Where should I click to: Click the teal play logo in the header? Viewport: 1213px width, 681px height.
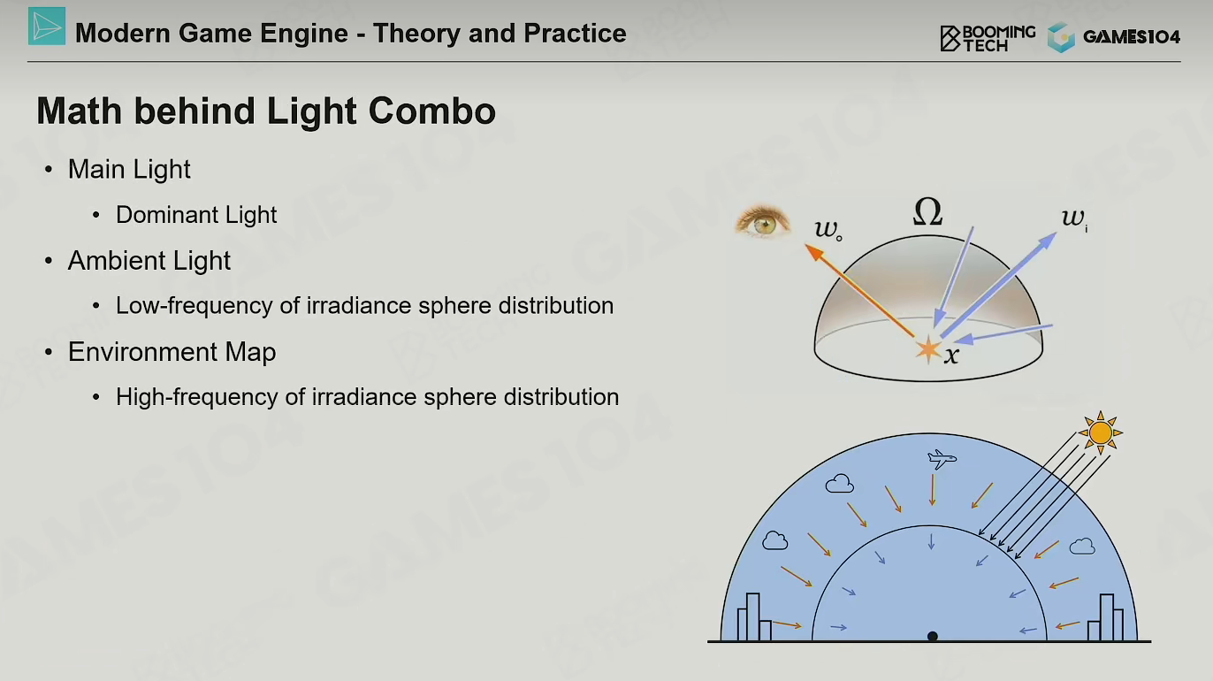(x=47, y=26)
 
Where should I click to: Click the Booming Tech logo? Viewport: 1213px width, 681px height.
(x=988, y=38)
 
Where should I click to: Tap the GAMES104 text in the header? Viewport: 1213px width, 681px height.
(x=1132, y=37)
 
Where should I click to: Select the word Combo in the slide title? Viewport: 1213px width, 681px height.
(x=432, y=111)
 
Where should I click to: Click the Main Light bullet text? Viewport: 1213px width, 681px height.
(x=129, y=169)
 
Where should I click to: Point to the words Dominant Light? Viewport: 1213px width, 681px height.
(x=196, y=215)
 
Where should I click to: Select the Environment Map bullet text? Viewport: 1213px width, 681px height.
(x=172, y=352)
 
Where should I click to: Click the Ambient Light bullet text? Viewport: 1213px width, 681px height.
(x=149, y=261)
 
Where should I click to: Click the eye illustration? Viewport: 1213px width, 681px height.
(x=762, y=221)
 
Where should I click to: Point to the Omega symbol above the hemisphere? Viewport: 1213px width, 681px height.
(x=927, y=211)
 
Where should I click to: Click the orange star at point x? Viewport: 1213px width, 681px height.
(x=928, y=349)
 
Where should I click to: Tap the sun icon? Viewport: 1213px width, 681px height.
(x=1101, y=432)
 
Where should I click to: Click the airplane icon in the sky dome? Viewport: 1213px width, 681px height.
(x=942, y=459)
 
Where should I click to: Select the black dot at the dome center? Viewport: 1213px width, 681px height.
(x=932, y=636)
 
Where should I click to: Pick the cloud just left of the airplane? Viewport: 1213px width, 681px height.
(x=839, y=483)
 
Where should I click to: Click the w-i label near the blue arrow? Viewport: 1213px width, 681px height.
(x=1074, y=218)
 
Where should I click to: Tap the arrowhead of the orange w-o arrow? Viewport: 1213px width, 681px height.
(x=814, y=252)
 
